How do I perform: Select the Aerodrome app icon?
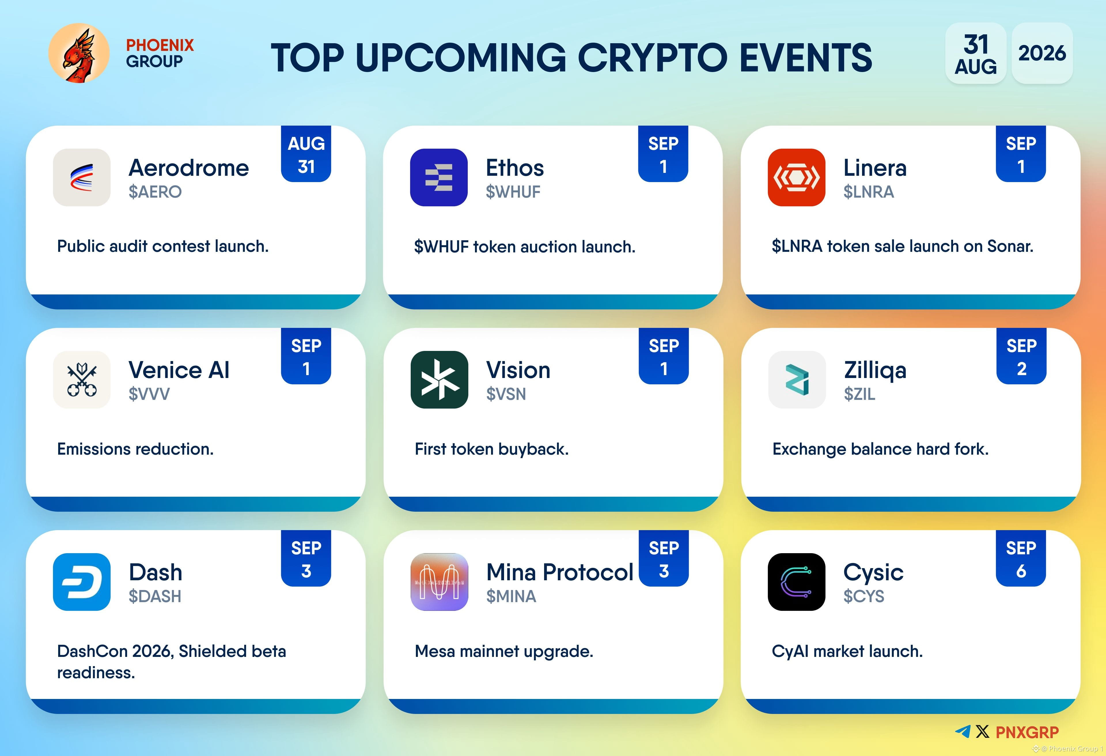82,177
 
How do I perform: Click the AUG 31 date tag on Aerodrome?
306,154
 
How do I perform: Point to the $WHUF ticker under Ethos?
513,192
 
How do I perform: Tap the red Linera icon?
796,177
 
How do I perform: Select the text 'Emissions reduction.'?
135,449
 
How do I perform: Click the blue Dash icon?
82,582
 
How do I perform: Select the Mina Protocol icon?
439,582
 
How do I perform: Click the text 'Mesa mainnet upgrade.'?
504,651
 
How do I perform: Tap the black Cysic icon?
796,582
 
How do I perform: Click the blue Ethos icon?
439,177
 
